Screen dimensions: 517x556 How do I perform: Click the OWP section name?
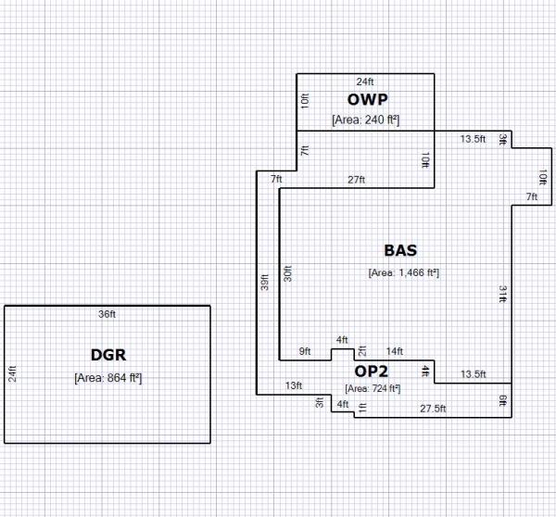tap(366, 99)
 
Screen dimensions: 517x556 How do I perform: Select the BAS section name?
tap(400, 250)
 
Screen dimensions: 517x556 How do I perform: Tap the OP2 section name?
tap(373, 372)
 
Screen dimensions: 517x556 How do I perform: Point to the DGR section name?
tap(107, 354)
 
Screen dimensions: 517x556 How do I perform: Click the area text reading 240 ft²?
tap(365, 119)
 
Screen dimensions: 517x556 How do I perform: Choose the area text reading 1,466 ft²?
tap(403, 272)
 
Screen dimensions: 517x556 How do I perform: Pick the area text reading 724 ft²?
tap(373, 388)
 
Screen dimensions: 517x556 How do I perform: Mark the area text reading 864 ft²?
tap(107, 377)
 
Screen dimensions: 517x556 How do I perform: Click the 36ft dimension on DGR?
tap(107, 314)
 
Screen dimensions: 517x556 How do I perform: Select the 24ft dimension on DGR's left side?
tap(13, 373)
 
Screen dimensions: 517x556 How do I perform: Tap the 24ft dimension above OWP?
tap(365, 82)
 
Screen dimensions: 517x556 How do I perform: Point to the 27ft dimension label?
tap(357, 179)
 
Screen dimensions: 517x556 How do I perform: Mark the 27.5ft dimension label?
tap(433, 408)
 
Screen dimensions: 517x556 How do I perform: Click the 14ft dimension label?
tap(395, 351)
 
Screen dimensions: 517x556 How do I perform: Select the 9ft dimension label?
tap(305, 351)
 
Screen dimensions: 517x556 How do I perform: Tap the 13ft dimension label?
tap(293, 385)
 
